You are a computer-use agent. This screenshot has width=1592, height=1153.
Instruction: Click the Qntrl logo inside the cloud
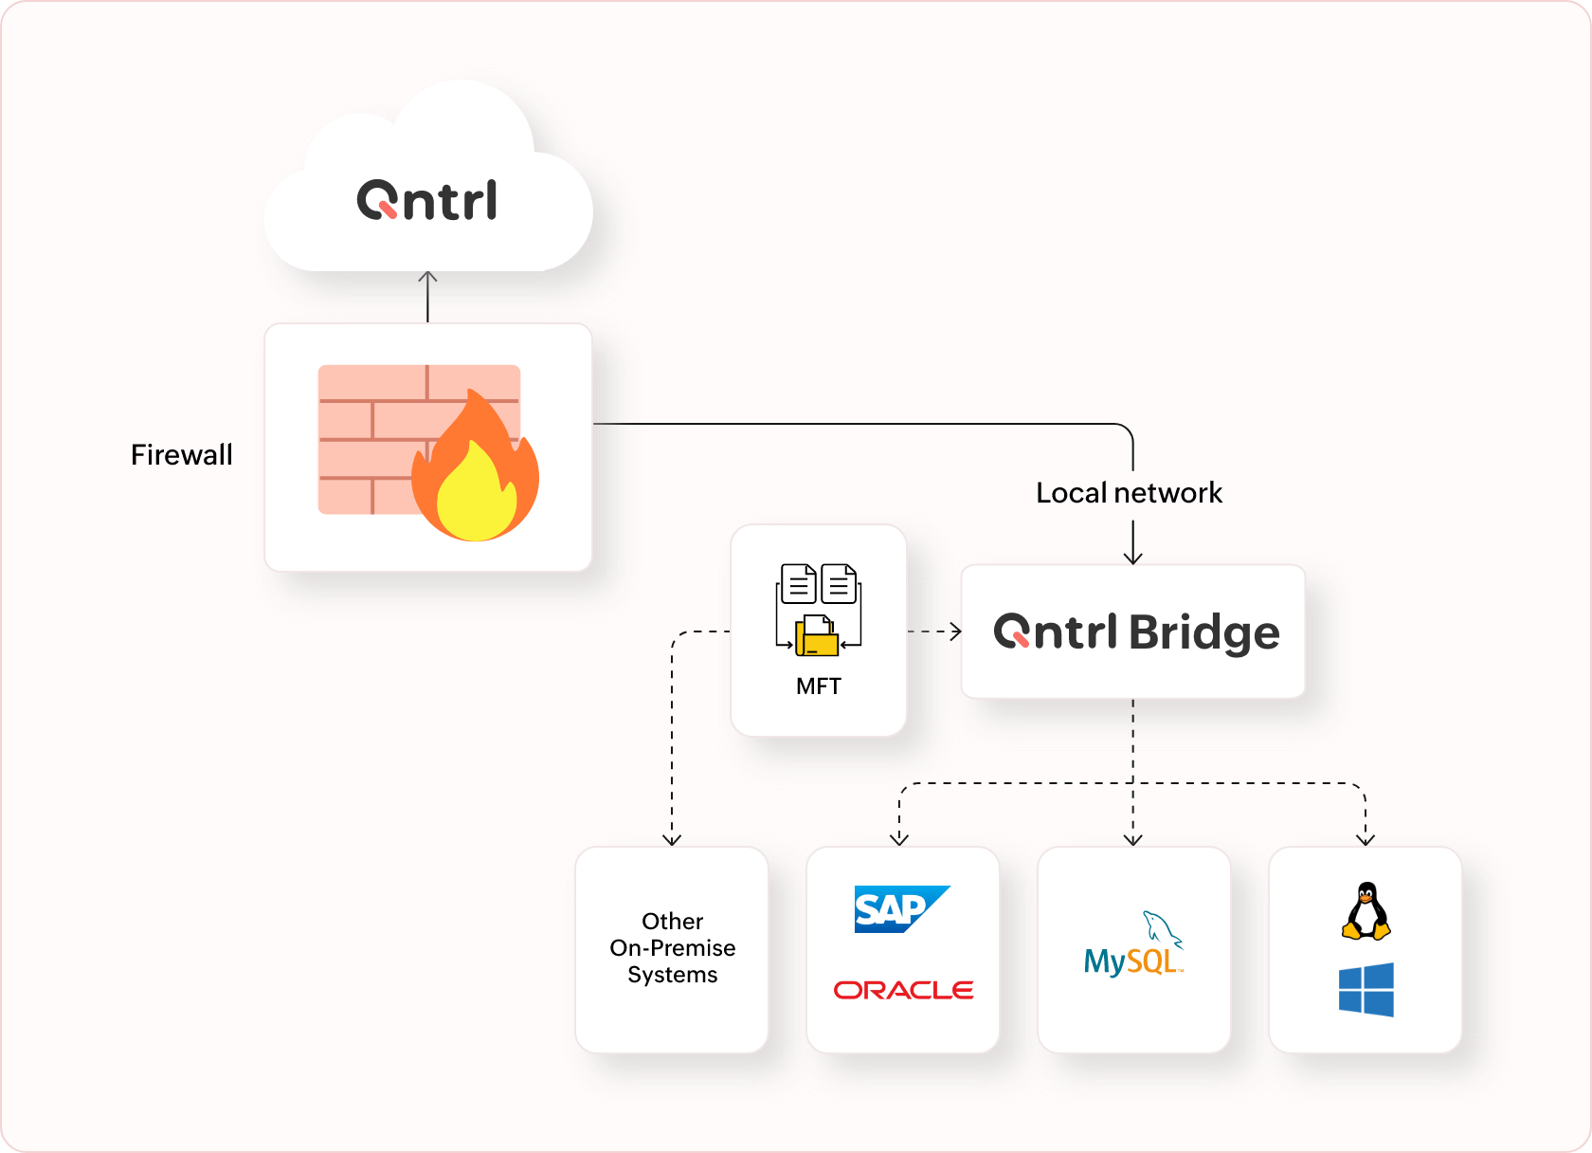click(426, 200)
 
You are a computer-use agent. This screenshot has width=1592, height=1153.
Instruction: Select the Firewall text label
click(181, 455)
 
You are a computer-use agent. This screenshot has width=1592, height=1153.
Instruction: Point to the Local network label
click(1129, 493)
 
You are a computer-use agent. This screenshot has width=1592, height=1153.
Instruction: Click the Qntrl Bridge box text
click(1136, 632)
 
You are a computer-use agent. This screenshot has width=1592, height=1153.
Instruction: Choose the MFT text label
click(819, 686)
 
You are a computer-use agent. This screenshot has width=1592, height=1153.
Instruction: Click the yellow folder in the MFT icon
click(817, 638)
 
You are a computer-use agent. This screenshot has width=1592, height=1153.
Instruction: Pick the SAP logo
click(901, 909)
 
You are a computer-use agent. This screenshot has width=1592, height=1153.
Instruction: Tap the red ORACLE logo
click(903, 990)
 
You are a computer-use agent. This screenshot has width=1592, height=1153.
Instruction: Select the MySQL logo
click(1133, 949)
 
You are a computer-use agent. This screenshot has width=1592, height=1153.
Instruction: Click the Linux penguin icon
click(1366, 911)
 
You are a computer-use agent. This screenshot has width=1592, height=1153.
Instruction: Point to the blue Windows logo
click(1366, 990)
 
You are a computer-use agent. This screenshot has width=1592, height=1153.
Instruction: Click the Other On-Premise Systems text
click(673, 948)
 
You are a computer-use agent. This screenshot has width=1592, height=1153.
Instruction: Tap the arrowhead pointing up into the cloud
click(427, 277)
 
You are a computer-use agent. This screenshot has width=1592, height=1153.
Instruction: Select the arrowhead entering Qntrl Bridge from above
click(1132, 558)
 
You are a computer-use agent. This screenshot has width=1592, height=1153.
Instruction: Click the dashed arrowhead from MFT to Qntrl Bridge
click(955, 631)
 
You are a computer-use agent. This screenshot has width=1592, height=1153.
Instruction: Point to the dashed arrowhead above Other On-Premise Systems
click(672, 839)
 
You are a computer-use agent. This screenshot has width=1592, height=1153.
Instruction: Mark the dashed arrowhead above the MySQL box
click(1132, 839)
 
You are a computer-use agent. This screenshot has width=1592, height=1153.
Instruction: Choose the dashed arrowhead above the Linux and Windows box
click(1366, 839)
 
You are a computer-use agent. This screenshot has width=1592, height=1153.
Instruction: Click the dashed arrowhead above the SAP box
click(899, 839)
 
